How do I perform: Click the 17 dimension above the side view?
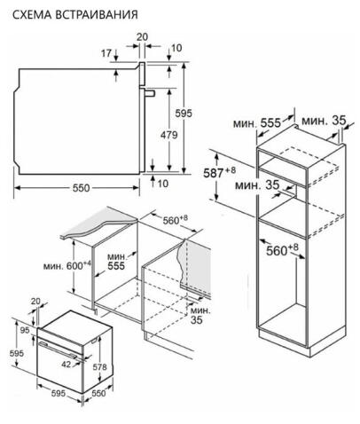pos(106,53)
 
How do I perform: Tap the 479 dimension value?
pos(169,135)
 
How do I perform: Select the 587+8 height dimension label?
pos(220,172)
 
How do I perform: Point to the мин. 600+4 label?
pos(67,265)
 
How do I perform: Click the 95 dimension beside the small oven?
pos(25,330)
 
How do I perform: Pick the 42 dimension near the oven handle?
pos(67,365)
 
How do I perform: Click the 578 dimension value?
pos(99,366)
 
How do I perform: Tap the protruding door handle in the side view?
pos(149,93)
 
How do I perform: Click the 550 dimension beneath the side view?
pos(81,188)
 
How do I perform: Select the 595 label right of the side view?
pos(184,114)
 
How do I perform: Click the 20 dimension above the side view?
pos(142,37)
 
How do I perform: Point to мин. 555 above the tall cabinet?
pos(257,122)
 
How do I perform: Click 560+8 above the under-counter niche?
pos(175,220)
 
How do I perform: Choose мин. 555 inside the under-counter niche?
pos(116,262)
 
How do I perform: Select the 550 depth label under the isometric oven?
pos(98,393)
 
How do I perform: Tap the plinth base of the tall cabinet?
pos(301,343)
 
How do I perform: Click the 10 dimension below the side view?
pos(163,184)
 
